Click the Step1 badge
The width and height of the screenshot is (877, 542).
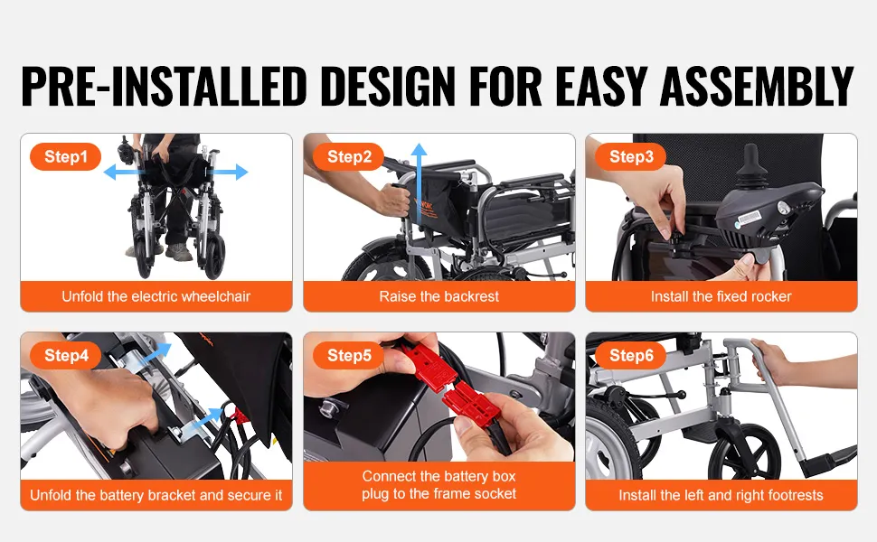click(x=65, y=156)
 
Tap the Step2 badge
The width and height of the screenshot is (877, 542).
click(x=348, y=156)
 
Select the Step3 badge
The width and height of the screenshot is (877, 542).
click(x=631, y=156)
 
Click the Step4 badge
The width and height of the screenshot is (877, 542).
click(x=65, y=355)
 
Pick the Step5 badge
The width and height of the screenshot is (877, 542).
click(x=348, y=355)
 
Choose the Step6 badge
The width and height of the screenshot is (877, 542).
click(x=631, y=355)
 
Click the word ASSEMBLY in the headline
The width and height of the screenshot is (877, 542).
click(x=757, y=86)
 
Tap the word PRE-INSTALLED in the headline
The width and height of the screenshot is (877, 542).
click(x=164, y=86)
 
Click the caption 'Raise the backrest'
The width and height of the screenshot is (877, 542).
click(x=439, y=296)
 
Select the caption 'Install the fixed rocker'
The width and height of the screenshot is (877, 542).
click(x=721, y=296)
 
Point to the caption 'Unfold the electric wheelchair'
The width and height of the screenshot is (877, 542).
click(x=156, y=296)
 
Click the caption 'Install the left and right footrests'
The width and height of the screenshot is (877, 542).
click(x=721, y=495)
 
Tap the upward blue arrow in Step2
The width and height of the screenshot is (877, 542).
click(x=419, y=183)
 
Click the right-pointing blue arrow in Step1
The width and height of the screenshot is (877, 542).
click(x=228, y=173)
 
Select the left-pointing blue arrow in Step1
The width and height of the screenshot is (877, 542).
click(x=123, y=173)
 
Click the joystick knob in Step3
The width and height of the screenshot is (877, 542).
click(x=750, y=159)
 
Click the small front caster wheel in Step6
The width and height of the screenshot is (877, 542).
click(x=745, y=451)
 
